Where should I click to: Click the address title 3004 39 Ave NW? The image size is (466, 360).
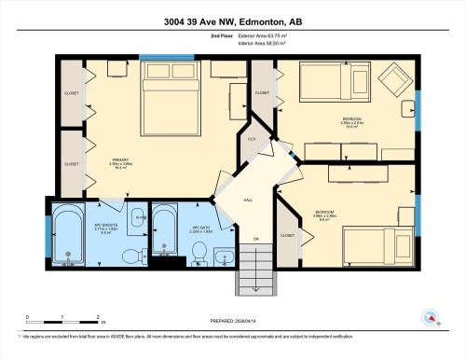233,21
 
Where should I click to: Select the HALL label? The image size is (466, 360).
247,199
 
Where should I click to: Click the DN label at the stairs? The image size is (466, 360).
255,239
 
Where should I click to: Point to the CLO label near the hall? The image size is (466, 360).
251,139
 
